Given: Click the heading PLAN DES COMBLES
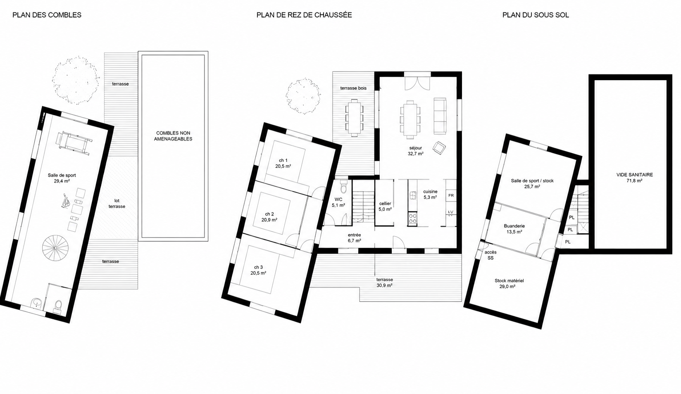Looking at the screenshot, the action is tap(47, 15).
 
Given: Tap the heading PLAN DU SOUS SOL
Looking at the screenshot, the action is tap(536, 15).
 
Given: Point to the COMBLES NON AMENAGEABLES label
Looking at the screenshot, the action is tap(173, 136).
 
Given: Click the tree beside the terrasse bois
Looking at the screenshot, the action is tap(303, 96).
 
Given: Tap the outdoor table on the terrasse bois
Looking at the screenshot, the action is tap(354, 118).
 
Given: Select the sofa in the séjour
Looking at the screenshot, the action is tap(440, 116).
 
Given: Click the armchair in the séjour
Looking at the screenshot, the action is tap(439, 148).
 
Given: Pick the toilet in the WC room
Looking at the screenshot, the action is tap(343, 186).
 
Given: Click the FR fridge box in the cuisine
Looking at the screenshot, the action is tap(451, 195).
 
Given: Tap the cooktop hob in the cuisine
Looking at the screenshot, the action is tap(412, 218).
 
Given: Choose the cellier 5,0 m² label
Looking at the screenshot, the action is tap(385, 206).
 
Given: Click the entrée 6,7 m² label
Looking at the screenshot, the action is tap(355, 237).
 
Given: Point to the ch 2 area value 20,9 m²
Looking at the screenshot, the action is tap(269, 220).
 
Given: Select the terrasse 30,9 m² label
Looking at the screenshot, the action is tap(385, 282).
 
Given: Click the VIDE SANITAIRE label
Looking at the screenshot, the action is tap(634, 178).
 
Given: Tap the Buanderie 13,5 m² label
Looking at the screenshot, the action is tap(514, 229).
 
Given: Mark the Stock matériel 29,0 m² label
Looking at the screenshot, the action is tap(509, 283).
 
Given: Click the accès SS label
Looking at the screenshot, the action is tap(491, 255).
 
